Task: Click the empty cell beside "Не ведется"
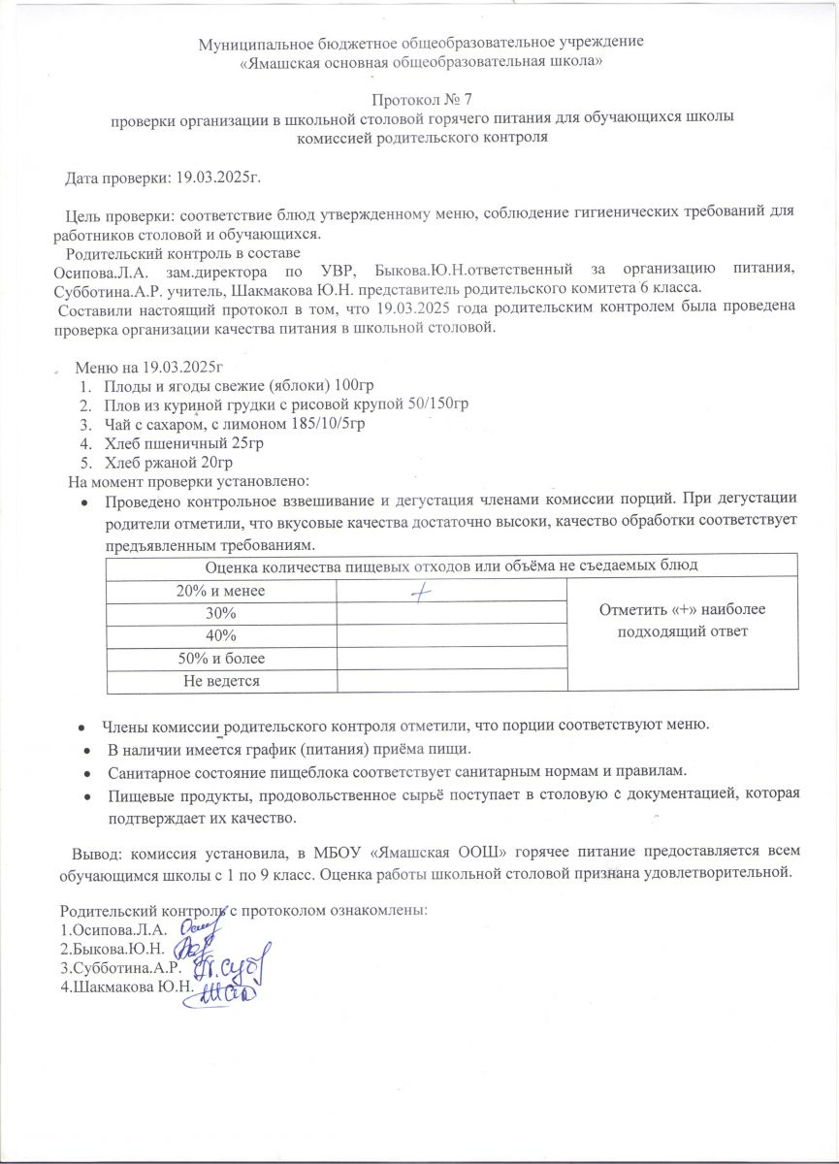(451, 681)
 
